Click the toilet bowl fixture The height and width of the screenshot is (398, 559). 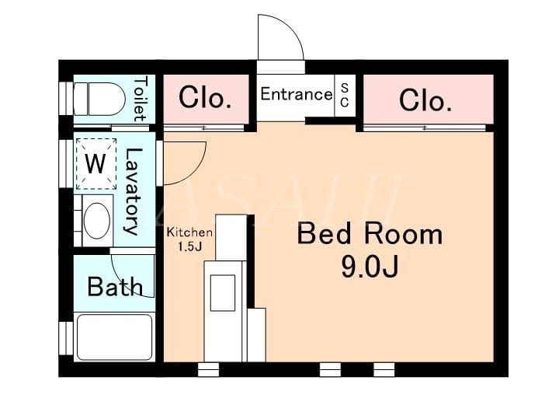(x=99, y=99)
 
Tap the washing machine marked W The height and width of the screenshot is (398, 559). (x=96, y=164)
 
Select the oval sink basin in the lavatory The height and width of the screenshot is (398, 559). (x=96, y=220)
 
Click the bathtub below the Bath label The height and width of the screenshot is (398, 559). (x=114, y=337)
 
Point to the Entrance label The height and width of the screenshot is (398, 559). (x=297, y=94)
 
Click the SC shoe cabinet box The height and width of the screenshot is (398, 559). (x=345, y=96)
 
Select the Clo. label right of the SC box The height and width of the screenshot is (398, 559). (x=425, y=100)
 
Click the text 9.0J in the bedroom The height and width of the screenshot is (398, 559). (x=370, y=267)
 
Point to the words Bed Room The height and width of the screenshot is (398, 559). (x=370, y=234)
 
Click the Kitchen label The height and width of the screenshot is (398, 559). (x=189, y=232)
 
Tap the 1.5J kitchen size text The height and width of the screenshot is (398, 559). (x=190, y=247)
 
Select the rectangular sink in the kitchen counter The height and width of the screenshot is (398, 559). (x=223, y=293)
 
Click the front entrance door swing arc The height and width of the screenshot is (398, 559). (x=293, y=30)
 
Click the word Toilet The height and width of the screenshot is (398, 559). (x=140, y=99)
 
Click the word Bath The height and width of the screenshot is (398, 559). (x=115, y=287)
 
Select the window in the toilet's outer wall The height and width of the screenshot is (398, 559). (x=66, y=99)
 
